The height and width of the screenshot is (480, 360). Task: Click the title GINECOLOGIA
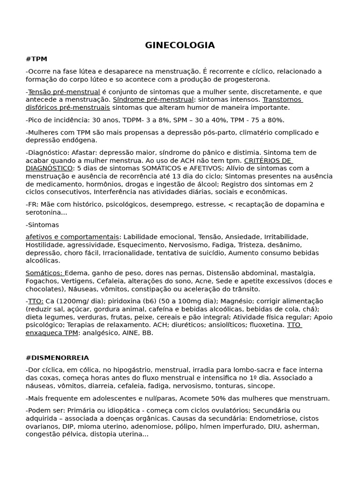180,45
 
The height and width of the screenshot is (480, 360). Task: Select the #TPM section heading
37,59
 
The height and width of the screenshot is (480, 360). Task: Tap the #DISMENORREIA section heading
57,358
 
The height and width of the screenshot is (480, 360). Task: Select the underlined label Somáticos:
44,273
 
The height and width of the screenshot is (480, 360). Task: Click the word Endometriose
272,419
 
